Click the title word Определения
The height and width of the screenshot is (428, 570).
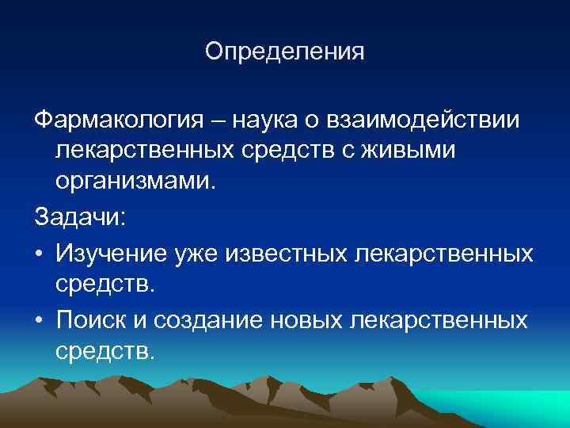[x=284, y=52]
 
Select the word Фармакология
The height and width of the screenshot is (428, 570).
[x=113, y=120]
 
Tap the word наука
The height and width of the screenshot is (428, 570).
[x=271, y=120]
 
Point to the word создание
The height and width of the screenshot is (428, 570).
[x=210, y=319]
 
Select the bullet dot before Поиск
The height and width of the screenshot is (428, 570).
[x=38, y=320]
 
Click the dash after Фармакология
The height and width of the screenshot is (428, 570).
[x=216, y=120]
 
